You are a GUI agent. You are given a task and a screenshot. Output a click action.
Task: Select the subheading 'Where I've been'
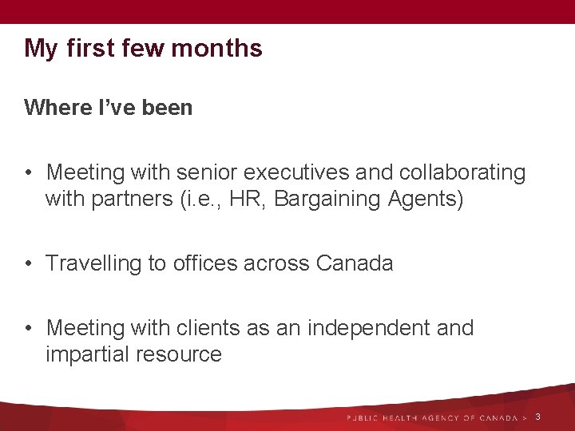click(x=109, y=108)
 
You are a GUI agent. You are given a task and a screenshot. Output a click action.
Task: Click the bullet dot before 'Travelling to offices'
click(x=29, y=264)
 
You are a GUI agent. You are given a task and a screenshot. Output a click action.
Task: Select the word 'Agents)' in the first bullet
click(x=426, y=199)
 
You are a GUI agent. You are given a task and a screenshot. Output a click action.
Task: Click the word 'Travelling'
click(x=93, y=263)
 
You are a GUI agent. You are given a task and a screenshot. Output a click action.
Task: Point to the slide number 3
click(x=537, y=417)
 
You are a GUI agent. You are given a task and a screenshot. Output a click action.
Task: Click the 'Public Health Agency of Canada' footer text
click(x=432, y=418)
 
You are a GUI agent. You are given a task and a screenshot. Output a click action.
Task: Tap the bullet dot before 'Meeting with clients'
click(x=29, y=329)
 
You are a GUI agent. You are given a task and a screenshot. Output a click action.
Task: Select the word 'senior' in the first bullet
click(x=208, y=172)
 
